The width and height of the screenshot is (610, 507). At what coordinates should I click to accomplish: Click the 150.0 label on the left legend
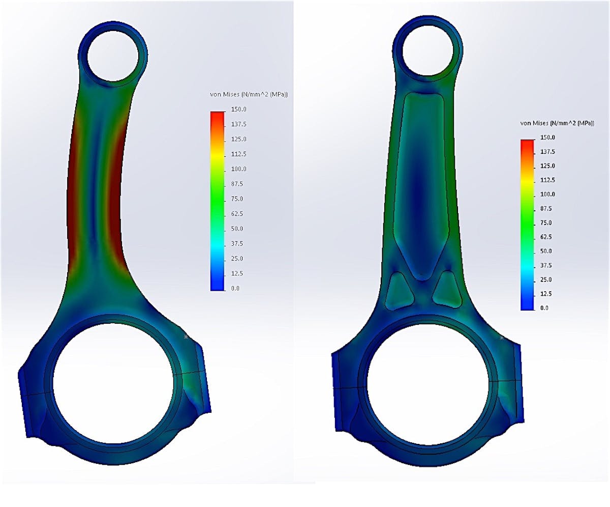(239, 109)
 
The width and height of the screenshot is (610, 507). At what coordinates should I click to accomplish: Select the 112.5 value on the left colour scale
(239, 154)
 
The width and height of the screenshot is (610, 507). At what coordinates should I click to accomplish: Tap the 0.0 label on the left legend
(235, 288)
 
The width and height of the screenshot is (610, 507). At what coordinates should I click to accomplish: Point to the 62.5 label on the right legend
(546, 237)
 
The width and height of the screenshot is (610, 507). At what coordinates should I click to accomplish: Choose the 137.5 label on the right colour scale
(547, 152)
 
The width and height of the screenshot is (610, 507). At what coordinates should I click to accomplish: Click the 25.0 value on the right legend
(546, 279)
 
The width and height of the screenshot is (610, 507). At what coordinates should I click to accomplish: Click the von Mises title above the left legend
(249, 94)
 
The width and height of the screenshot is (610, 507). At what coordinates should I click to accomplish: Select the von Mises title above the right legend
(557, 123)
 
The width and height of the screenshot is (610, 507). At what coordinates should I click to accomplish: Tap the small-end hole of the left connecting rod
(113, 55)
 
